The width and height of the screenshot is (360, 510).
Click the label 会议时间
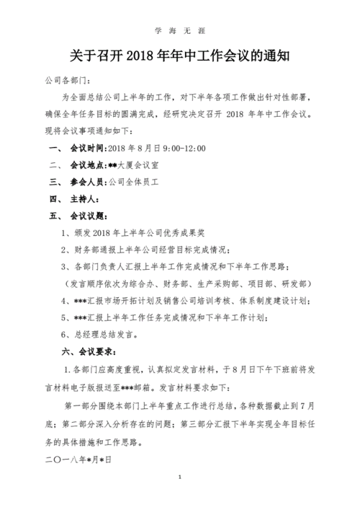click(x=86, y=149)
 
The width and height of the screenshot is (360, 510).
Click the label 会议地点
click(x=86, y=165)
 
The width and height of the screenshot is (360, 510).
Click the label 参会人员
click(x=86, y=182)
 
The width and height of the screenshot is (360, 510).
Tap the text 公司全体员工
click(x=132, y=182)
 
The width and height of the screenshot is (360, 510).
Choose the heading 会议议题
click(x=87, y=216)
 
